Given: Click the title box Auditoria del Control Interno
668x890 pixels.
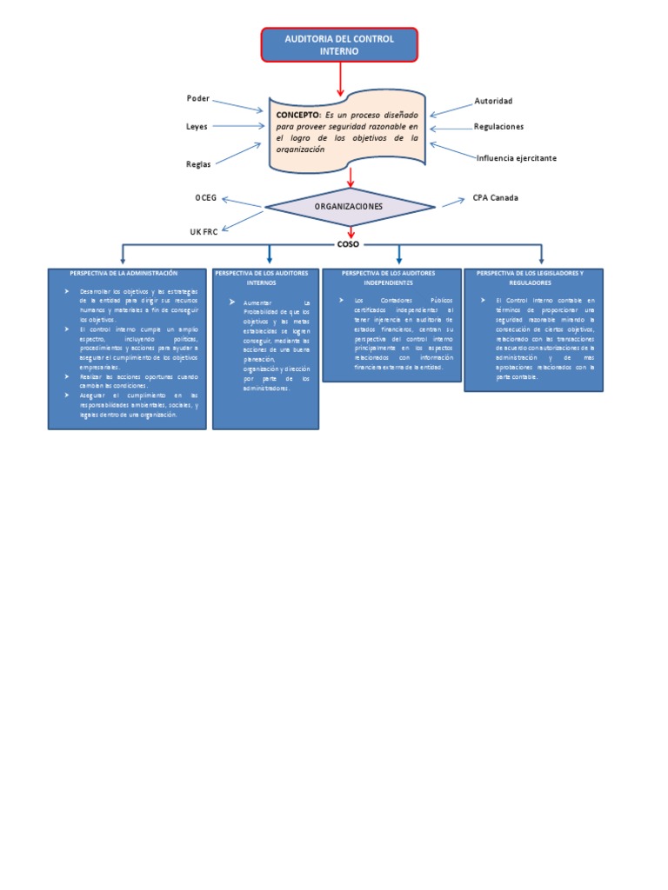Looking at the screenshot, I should [340, 45].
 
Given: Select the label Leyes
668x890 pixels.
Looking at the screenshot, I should [197, 127].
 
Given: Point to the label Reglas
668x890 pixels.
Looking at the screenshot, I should [198, 163].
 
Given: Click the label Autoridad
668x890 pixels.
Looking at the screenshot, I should [492, 101].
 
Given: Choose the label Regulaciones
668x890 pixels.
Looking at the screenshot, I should [498, 127].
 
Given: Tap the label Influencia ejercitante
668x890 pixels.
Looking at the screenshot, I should [516, 158].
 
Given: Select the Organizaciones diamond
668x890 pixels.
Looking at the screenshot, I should [350, 206].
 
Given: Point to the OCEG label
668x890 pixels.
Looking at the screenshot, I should [204, 198].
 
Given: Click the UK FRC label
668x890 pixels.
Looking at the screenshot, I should [204, 232].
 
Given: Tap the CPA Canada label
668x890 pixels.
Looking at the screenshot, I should [495, 198].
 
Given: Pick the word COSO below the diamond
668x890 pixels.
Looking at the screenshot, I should [348, 244].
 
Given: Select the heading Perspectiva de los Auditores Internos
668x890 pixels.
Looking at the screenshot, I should [266, 277].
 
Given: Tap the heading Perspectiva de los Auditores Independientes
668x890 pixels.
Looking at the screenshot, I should [389, 277].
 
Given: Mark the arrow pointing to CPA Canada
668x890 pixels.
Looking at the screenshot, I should [452, 203].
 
